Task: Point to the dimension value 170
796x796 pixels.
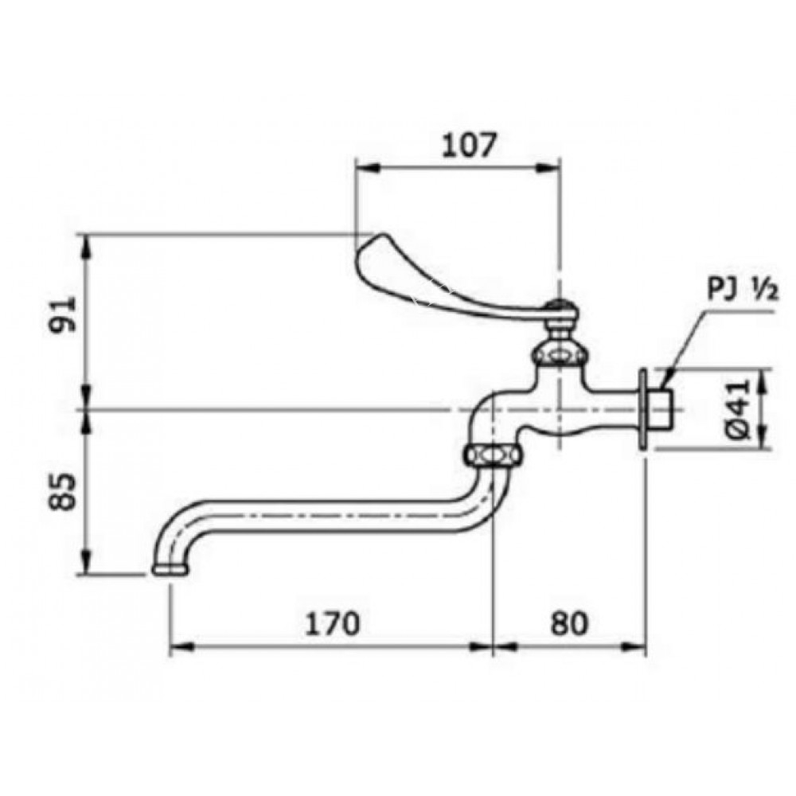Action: [x=332, y=622]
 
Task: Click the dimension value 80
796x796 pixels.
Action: [x=568, y=622]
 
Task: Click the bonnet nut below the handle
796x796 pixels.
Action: [x=561, y=353]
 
